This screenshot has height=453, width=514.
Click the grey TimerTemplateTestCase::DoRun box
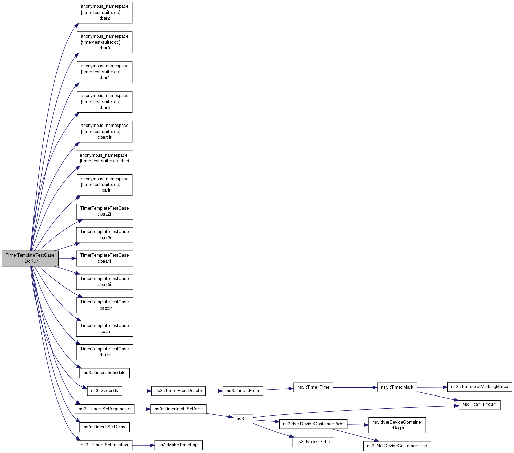30,258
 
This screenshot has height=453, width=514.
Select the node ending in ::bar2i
104,13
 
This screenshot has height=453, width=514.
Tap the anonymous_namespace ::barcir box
104,132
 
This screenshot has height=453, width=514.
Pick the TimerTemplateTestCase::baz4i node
104,258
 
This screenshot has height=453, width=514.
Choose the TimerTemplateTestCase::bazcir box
104,305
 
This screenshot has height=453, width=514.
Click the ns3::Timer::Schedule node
104,373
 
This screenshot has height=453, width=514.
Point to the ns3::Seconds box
104,391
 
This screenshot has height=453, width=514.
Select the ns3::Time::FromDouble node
178,391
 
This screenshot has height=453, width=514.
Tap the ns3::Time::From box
243,391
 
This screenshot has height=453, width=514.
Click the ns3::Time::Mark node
397,387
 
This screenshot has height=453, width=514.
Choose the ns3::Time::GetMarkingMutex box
480,387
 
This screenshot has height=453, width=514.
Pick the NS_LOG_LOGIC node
480,405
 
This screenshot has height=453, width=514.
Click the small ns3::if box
243,419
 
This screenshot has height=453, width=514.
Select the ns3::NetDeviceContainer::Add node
313,424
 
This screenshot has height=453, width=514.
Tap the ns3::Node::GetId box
313,442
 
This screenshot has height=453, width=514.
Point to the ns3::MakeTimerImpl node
178,445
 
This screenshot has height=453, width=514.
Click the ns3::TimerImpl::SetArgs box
178,409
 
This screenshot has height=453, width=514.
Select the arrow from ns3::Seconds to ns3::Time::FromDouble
137,391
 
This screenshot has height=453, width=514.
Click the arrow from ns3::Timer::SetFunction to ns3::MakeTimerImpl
143,445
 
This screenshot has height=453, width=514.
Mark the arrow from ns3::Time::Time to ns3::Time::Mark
355,387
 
